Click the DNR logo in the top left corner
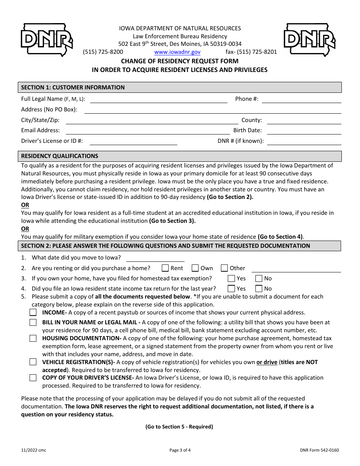(x=46, y=40)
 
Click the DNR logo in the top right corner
(x=310, y=40)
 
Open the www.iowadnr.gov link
(x=177, y=52)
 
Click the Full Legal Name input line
(x=158, y=99)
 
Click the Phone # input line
(x=301, y=99)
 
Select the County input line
(x=304, y=120)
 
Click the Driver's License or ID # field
(x=133, y=141)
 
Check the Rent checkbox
(x=165, y=268)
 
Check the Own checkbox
(x=195, y=268)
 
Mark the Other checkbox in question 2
(x=224, y=268)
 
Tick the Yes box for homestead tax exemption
(x=231, y=278)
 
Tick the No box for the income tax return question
(x=259, y=289)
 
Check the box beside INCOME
(x=33, y=313)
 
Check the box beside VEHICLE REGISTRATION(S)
(x=33, y=362)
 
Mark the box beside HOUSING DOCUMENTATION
(x=33, y=338)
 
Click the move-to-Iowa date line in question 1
(x=155, y=258)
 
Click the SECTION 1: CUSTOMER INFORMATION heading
(x=73, y=88)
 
